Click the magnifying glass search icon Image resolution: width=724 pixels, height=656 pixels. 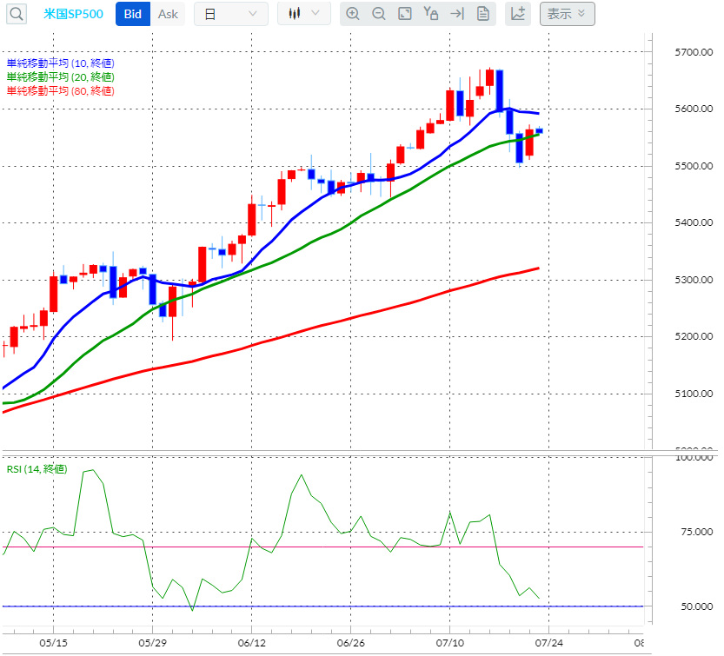17,14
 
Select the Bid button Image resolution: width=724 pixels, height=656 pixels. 133,14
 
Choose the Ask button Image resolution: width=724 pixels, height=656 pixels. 168,14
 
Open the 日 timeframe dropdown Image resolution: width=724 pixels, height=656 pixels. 230,14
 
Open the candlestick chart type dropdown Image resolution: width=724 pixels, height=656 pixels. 303,14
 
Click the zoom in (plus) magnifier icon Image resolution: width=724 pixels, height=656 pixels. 352,14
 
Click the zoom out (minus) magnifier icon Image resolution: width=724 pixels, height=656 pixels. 378,14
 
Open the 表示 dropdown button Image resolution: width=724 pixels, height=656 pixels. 567,14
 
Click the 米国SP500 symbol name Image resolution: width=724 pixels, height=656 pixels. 73,14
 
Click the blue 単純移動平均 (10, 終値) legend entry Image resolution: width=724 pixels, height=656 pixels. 60,63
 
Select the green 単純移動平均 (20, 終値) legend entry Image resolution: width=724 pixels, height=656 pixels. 60,77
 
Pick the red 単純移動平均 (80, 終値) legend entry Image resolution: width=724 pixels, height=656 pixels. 60,91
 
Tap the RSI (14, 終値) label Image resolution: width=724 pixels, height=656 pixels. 36,469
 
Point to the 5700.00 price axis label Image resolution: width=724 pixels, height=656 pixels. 693,52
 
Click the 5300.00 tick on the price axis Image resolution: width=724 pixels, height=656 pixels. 693,280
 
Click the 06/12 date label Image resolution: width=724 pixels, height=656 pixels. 251,644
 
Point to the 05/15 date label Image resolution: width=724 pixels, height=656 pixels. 53,644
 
